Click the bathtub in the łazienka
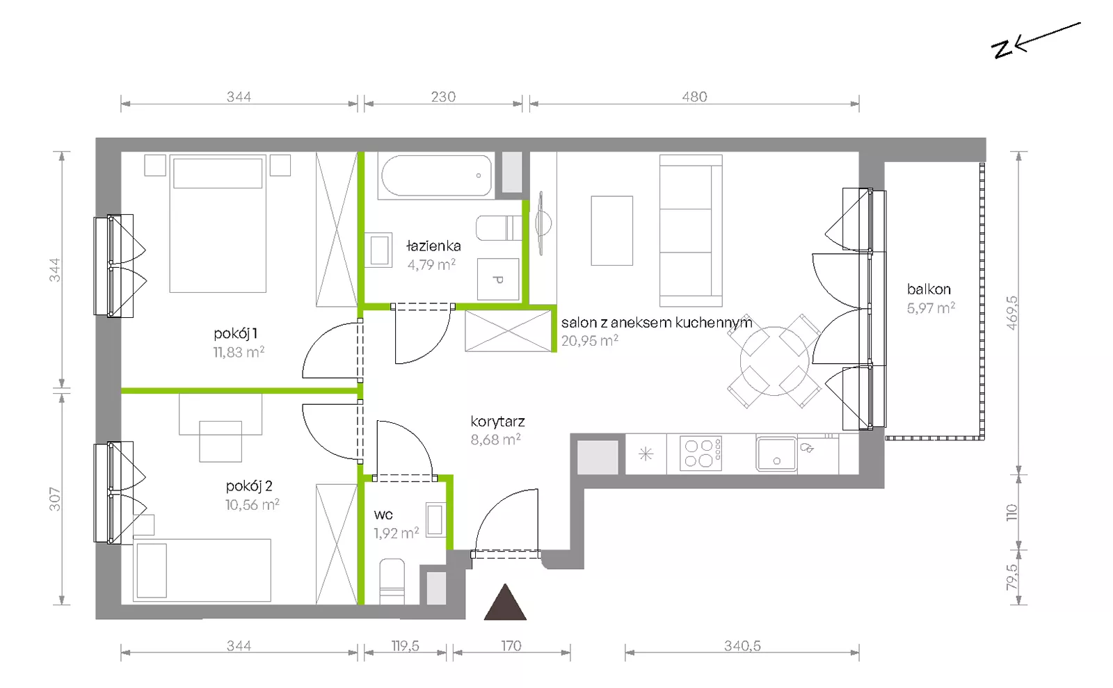436,175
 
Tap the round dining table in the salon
774,361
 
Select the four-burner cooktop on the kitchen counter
700,453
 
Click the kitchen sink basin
776,454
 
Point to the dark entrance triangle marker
505,602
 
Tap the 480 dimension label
694,97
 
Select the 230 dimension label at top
442,97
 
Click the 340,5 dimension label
742,646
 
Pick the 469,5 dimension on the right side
1011,313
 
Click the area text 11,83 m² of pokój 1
239,352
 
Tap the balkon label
929,289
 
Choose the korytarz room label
497,422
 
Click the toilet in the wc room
392,582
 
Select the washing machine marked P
498,279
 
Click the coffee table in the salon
611,230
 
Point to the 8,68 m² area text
495,440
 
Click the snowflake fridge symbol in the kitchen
646,454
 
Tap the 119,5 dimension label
405,646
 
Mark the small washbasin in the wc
435,520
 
